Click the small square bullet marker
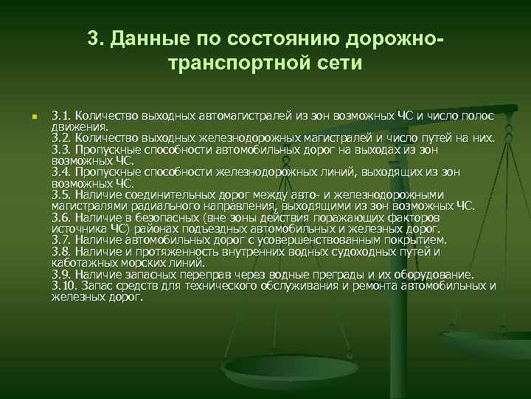(24, 118)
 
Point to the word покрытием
(419, 240)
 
